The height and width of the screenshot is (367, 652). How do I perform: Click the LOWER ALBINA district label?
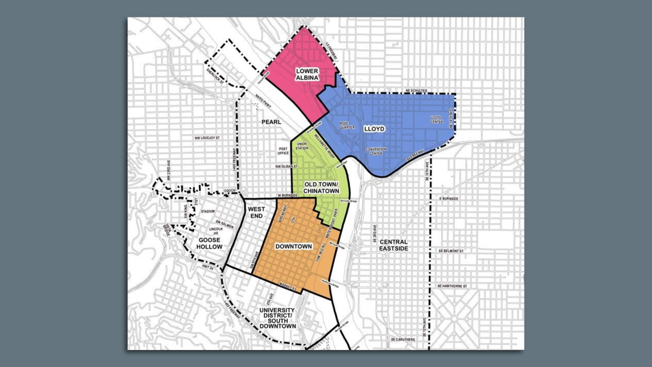(x=307, y=74)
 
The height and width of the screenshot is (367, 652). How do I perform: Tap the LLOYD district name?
(x=374, y=129)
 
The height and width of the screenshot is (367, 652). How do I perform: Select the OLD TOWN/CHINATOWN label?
(x=321, y=188)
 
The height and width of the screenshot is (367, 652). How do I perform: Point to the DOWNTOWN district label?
(x=293, y=246)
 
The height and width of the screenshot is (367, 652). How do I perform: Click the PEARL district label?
(x=271, y=122)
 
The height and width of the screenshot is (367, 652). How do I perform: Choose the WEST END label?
(x=256, y=212)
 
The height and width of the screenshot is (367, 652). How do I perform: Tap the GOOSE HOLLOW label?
(x=209, y=243)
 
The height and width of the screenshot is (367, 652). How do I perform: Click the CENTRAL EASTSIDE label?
(x=394, y=245)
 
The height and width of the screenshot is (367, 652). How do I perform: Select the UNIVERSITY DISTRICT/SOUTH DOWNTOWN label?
(x=277, y=318)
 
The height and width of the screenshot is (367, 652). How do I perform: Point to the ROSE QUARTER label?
(x=347, y=125)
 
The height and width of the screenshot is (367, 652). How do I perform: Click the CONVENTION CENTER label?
(x=376, y=151)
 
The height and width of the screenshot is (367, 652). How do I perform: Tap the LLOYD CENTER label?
(x=436, y=120)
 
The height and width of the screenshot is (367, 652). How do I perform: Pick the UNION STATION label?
(x=302, y=146)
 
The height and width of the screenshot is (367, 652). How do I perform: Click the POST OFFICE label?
(x=283, y=151)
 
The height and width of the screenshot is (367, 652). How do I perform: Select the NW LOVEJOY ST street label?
(x=207, y=138)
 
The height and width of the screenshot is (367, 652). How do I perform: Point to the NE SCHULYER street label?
(x=416, y=91)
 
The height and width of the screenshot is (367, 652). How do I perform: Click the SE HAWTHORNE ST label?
(x=452, y=286)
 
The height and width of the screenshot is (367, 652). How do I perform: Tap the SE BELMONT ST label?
(x=451, y=251)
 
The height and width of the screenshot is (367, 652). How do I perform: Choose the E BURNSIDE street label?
(x=449, y=198)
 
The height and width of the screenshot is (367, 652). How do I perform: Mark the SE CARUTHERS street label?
(x=403, y=339)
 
